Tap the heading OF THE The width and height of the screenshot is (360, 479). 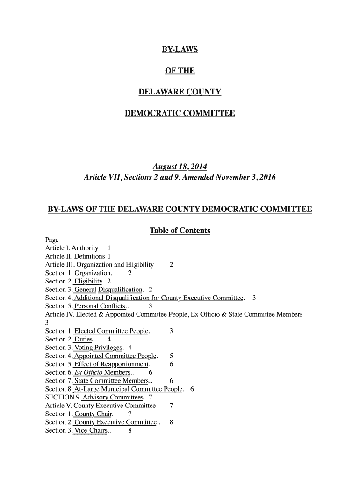pyautogui.click(x=180, y=71)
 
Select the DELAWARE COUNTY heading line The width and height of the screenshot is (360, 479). pyautogui.click(x=180, y=92)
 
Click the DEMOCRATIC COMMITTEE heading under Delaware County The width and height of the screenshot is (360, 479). pyautogui.click(x=180, y=114)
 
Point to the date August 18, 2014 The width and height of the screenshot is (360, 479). pyautogui.click(x=180, y=167)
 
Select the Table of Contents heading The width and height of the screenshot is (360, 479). pyautogui.click(x=180, y=231)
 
